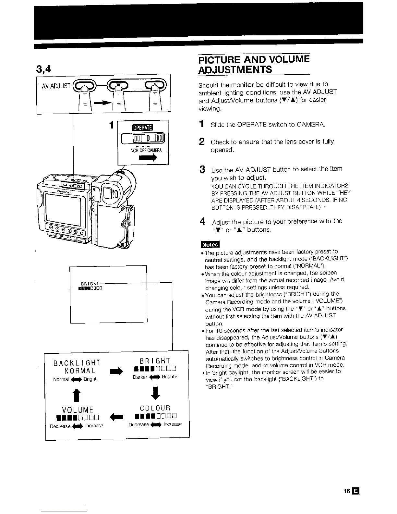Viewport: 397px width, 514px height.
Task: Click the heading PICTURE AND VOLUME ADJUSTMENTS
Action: click(254, 65)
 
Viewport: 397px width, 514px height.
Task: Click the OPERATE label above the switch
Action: click(143, 127)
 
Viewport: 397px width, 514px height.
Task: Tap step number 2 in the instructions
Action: click(201, 142)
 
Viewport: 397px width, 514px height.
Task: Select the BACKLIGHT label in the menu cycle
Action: click(77, 362)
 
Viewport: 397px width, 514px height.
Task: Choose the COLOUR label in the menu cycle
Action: click(155, 408)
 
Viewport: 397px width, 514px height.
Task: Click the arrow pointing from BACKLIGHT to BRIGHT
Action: click(116, 371)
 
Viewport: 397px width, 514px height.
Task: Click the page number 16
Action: click(346, 491)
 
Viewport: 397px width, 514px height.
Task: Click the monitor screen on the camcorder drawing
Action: click(67, 208)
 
